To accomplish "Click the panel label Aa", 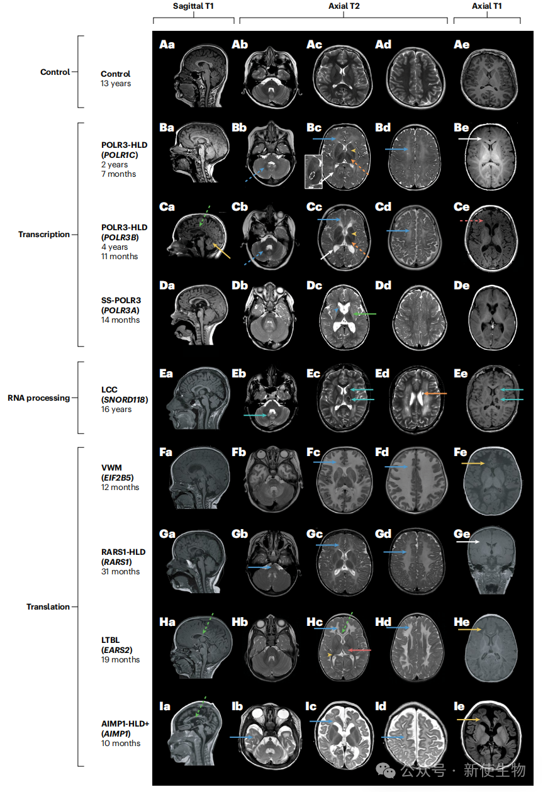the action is pyautogui.click(x=167, y=45).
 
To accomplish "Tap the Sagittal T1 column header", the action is pyautogui.click(x=193, y=6).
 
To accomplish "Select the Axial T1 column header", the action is pyautogui.click(x=486, y=6).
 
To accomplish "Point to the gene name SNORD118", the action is pyautogui.click(x=125, y=399).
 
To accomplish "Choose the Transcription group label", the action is pyautogui.click(x=44, y=235).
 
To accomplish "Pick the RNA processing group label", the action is pyautogui.click(x=39, y=398).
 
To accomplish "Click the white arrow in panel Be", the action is pyautogui.click(x=470, y=139).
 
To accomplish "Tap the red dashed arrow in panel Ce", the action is pyautogui.click(x=471, y=221).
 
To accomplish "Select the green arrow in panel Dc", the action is pyautogui.click(x=365, y=314).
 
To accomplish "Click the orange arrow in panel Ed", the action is pyautogui.click(x=435, y=393).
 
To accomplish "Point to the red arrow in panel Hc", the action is pyautogui.click(x=359, y=650).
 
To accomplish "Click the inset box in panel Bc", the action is pyautogui.click(x=313, y=172).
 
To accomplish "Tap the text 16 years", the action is pyautogui.click(x=116, y=409).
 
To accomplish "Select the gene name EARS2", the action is pyautogui.click(x=117, y=650).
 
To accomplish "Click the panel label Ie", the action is pyautogui.click(x=459, y=706).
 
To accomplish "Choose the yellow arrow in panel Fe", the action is pyautogui.click(x=473, y=463).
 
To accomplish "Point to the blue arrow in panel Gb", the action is pyautogui.click(x=260, y=567).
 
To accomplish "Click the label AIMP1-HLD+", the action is pyautogui.click(x=125, y=723).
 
